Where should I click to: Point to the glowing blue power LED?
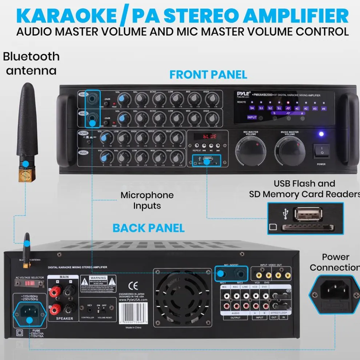point(321,134)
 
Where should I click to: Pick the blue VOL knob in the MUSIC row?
point(105,157)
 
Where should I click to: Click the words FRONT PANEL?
point(208,75)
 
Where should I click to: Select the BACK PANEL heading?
point(149,228)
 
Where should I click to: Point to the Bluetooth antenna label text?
point(31,63)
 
